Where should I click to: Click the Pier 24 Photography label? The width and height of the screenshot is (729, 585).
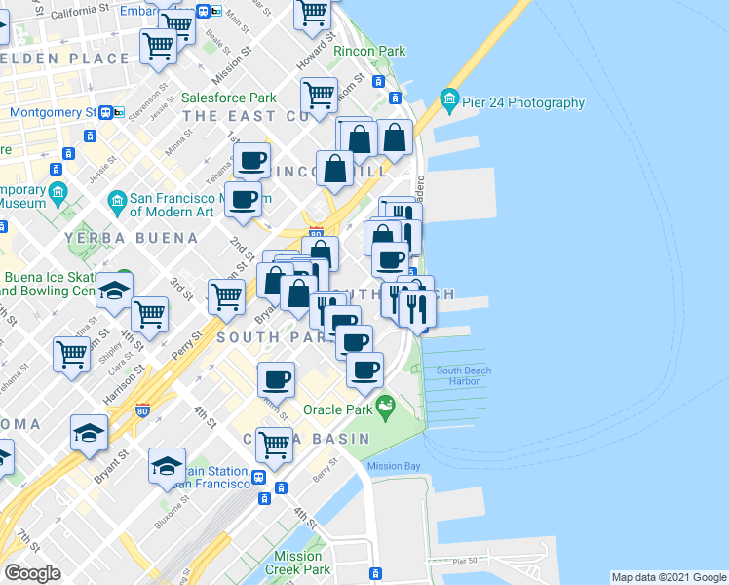[x=523, y=103]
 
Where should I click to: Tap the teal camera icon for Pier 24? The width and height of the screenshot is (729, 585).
[x=449, y=99]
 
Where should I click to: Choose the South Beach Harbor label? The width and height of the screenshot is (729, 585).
[x=464, y=375]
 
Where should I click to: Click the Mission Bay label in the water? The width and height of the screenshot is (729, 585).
[x=394, y=466]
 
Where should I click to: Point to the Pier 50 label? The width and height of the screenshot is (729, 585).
[x=467, y=561]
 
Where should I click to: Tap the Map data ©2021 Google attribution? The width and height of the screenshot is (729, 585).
[x=668, y=577]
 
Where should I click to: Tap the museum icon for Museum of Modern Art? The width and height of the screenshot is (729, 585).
[x=118, y=202]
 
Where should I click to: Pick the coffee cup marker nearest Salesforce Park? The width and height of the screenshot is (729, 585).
[x=251, y=160]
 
